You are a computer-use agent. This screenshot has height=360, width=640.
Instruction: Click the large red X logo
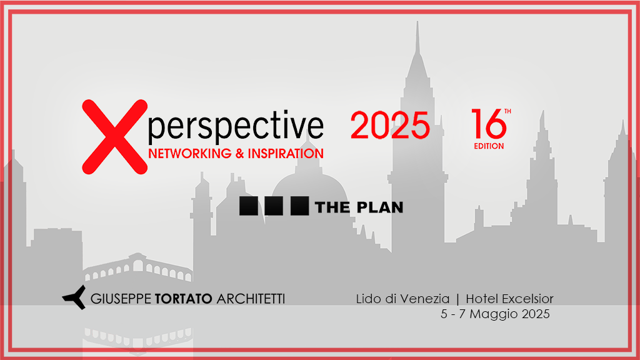pos(115,137)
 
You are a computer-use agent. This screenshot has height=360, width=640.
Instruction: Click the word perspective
pos(236,126)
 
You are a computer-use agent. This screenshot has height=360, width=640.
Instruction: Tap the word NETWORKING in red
pos(190,154)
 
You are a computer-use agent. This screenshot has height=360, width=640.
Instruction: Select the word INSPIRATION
pos(286,154)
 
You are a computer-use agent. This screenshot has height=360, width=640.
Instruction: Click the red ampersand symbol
pos(239,154)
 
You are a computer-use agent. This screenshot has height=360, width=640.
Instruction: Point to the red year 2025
pos(390,125)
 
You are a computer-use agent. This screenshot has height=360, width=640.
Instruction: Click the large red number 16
pos(489,124)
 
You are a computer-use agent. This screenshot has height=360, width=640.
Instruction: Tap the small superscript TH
pos(507,111)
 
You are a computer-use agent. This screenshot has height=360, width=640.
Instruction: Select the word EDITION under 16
pos(489,146)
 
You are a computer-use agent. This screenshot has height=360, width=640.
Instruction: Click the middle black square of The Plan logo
pos(274,206)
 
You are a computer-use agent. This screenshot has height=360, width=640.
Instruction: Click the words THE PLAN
pos(359,207)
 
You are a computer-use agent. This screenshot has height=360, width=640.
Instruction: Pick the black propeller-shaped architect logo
pos(75,297)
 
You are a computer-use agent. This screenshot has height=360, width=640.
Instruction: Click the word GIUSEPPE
pos(121,299)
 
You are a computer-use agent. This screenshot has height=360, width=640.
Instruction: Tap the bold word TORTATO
pos(184,299)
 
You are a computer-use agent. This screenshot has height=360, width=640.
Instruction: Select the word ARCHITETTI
pos(251,299)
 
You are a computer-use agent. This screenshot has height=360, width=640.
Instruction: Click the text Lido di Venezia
pos(403,299)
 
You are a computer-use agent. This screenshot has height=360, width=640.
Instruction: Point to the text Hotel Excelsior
pos(510,299)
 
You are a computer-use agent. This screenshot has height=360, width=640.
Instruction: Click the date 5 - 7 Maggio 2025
pos(495,314)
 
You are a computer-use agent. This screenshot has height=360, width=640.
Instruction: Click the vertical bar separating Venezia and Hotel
pos(457,299)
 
